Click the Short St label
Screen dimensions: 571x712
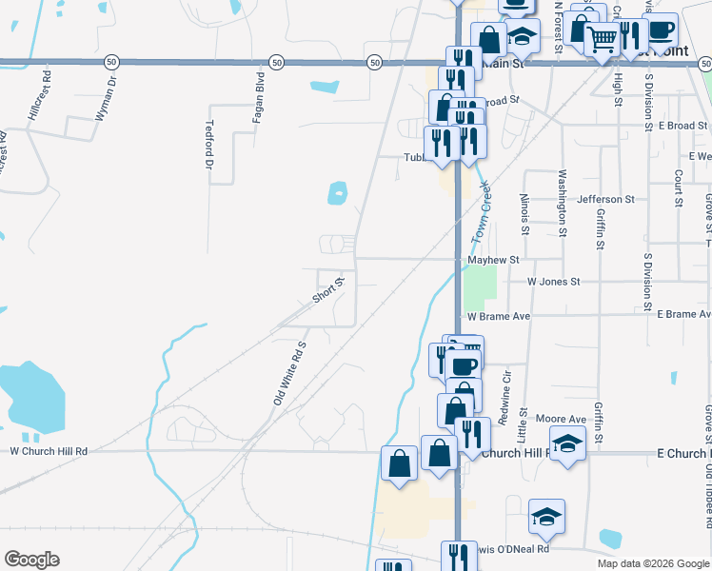[x=327, y=289]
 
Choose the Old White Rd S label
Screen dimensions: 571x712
[x=290, y=373]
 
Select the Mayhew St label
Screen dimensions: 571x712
[x=493, y=259]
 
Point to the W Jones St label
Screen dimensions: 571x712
[x=553, y=282]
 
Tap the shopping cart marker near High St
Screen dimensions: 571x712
[x=602, y=39]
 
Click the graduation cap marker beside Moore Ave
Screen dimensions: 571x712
[x=568, y=443]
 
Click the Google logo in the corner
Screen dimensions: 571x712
[x=31, y=560]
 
